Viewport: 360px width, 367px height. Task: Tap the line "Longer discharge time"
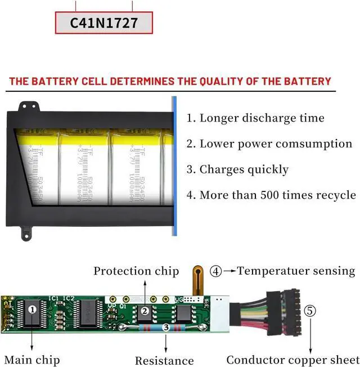pyautogui.click(x=255, y=118)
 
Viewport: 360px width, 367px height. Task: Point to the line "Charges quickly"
pyautogui.click(x=237, y=169)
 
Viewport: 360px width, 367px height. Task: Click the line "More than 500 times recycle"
pyautogui.click(x=271, y=195)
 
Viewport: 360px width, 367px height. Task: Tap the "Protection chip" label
pyautogui.click(x=136, y=271)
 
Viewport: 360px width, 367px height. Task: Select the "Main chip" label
pyautogui.click(x=32, y=359)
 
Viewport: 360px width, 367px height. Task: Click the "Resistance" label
pyautogui.click(x=164, y=361)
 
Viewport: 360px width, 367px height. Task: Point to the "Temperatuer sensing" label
pyautogui.click(x=296, y=271)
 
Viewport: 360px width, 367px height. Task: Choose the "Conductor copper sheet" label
pyautogui.click(x=292, y=360)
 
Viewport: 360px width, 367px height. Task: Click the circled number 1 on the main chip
pyautogui.click(x=32, y=309)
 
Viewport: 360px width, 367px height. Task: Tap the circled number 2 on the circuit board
pyautogui.click(x=145, y=311)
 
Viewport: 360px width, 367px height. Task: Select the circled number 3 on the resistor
pyautogui.click(x=165, y=327)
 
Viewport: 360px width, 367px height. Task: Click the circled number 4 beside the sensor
pyautogui.click(x=216, y=271)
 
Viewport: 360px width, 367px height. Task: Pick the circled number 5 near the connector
pyautogui.click(x=310, y=310)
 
